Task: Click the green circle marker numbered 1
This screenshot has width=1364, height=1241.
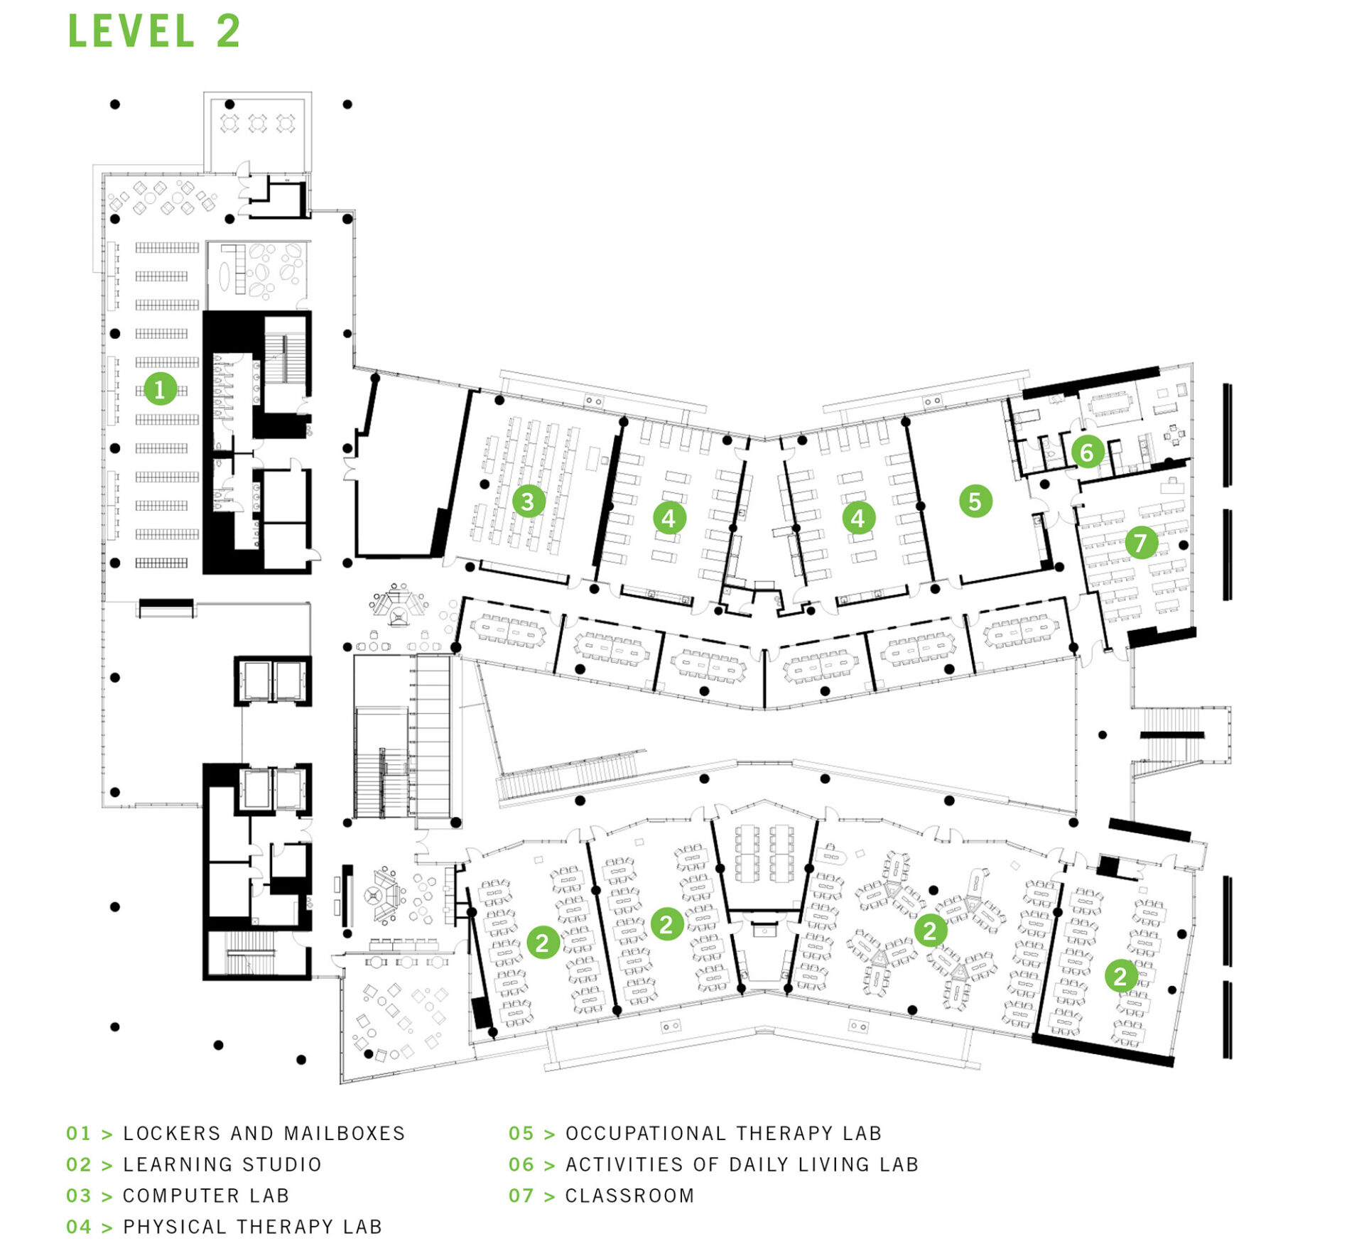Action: coord(160,389)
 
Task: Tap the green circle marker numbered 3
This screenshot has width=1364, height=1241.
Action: coord(528,502)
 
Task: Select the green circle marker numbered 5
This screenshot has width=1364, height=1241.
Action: coord(975,501)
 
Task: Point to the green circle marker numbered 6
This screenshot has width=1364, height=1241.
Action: coord(1086,452)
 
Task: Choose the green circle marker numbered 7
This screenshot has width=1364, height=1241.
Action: coord(1140,543)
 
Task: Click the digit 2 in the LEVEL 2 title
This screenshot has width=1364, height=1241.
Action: coord(229,32)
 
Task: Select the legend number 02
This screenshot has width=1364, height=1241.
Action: coord(78,1164)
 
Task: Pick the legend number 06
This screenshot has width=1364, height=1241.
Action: coord(521,1164)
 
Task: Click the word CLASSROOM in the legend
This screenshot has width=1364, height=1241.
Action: coord(629,1196)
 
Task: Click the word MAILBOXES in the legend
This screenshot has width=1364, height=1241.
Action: coord(344,1133)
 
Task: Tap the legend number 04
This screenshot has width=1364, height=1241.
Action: coord(78,1227)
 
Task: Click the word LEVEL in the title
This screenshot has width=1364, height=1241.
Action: coord(131,32)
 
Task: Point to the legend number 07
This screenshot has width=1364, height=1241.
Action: coord(521,1196)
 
